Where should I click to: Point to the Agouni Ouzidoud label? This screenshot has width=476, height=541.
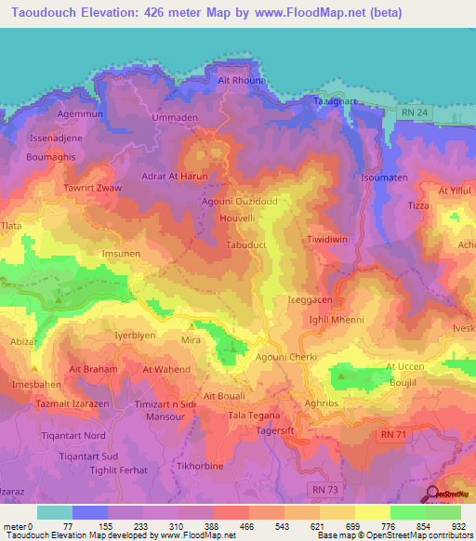(239, 201)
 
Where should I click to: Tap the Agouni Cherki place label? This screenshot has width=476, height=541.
(284, 358)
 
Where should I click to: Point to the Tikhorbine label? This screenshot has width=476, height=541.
(203, 463)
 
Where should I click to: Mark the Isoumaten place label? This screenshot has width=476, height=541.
(384, 177)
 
